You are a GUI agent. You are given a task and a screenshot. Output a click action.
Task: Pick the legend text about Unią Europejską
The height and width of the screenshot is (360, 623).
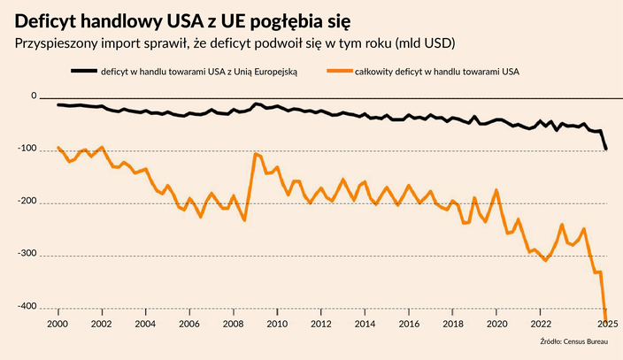[x=199, y=72]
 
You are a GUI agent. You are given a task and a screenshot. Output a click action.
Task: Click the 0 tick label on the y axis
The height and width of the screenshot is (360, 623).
[x=34, y=96]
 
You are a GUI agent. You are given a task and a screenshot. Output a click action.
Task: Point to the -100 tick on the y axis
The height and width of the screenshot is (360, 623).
[x=27, y=149]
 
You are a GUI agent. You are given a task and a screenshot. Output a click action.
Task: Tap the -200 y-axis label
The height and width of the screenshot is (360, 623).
[x=27, y=202]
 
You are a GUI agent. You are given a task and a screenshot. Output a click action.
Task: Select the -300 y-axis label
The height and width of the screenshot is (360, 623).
[x=27, y=255]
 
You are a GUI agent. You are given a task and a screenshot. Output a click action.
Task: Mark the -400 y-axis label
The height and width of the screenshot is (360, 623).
[x=27, y=307]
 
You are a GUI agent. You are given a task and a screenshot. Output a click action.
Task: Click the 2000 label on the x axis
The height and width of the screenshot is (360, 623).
[x=58, y=324]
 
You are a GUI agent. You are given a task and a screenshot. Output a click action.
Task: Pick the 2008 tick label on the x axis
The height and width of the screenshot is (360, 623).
[x=233, y=324]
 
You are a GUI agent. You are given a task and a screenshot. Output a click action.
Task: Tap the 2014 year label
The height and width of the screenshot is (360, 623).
[x=365, y=324]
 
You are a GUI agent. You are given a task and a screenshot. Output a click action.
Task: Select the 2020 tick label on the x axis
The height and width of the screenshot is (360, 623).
[x=496, y=324]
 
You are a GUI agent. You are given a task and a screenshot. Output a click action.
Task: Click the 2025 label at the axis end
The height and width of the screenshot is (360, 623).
[x=607, y=324]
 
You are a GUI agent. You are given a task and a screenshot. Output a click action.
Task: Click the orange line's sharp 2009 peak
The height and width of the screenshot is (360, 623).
[x=256, y=154]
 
